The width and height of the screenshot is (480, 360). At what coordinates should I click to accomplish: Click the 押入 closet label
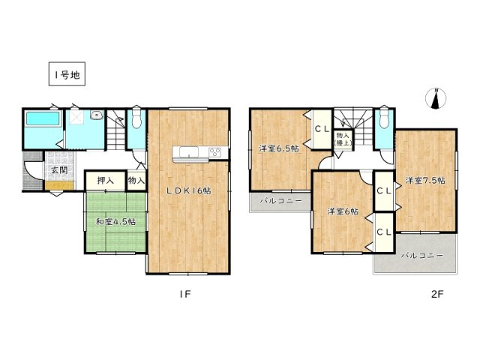point(105,181)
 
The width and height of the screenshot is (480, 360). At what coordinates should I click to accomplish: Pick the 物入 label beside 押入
point(136,181)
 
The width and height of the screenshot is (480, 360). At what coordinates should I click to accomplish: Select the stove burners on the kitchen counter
point(213,154)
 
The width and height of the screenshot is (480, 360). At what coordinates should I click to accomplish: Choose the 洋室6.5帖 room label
point(279,148)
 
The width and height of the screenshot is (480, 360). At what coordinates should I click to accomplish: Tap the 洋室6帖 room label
point(342,212)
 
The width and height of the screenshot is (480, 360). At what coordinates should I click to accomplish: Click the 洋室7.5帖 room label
point(425,181)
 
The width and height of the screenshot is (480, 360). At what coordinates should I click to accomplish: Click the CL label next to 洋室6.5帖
point(321,129)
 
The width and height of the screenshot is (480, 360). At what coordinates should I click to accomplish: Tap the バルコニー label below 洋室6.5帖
point(280,201)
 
